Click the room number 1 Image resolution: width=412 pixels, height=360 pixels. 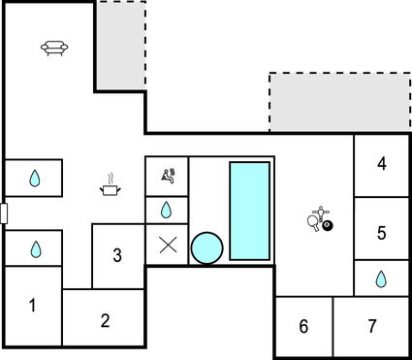click(x=32, y=306)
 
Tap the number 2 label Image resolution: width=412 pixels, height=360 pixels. click(x=106, y=319)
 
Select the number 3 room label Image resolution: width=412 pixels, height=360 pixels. click(x=117, y=256)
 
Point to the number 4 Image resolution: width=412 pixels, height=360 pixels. click(x=382, y=164)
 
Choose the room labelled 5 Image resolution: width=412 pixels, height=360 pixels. click(x=382, y=233)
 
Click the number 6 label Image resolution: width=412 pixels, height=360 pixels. click(x=303, y=327)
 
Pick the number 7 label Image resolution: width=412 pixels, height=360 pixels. click(x=372, y=327)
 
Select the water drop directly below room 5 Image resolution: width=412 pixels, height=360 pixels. click(x=381, y=279)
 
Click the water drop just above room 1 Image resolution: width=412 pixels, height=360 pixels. click(x=36, y=249)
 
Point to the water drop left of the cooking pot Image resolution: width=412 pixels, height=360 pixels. click(x=36, y=179)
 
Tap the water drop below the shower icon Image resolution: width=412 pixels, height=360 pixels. click(x=167, y=210)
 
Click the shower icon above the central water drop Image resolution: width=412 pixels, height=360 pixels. click(x=167, y=176)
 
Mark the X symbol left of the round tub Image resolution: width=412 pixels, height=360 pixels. click(x=167, y=245)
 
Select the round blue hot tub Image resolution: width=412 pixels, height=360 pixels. click(x=206, y=247)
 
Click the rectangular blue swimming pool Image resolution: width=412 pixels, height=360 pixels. click(x=248, y=211)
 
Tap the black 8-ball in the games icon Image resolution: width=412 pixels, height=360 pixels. click(x=327, y=226)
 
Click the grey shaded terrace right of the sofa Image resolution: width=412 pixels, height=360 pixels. click(x=120, y=46)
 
